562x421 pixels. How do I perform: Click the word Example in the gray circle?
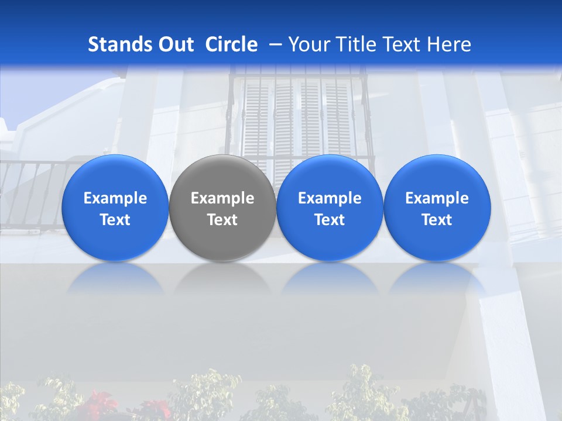pyautogui.click(x=222, y=198)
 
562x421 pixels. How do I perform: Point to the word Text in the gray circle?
pyautogui.click(x=222, y=220)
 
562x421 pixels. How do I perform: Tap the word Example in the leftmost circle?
pyautogui.click(x=115, y=198)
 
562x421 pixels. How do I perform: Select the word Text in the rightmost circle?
pyautogui.click(x=437, y=220)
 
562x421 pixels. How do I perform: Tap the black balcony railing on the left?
pyautogui.click(x=29, y=193)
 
